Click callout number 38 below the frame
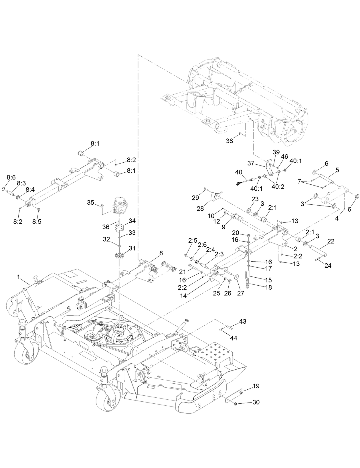pyautogui.click(x=229, y=141)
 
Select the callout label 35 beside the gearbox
pyautogui.click(x=91, y=202)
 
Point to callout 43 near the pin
pyautogui.click(x=242, y=321)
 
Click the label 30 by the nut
pyautogui.click(x=256, y=402)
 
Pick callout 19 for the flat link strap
pyautogui.click(x=256, y=386)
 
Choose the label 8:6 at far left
pyautogui.click(x=11, y=178)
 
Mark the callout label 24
pyautogui.click(x=328, y=266)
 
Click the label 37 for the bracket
pyautogui.click(x=251, y=163)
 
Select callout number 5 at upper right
pyautogui.click(x=337, y=170)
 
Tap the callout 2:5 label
pyautogui.click(x=193, y=241)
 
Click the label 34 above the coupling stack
pyautogui.click(x=132, y=221)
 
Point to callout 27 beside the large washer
pyautogui.click(x=241, y=293)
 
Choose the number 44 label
pyautogui.click(x=234, y=338)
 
